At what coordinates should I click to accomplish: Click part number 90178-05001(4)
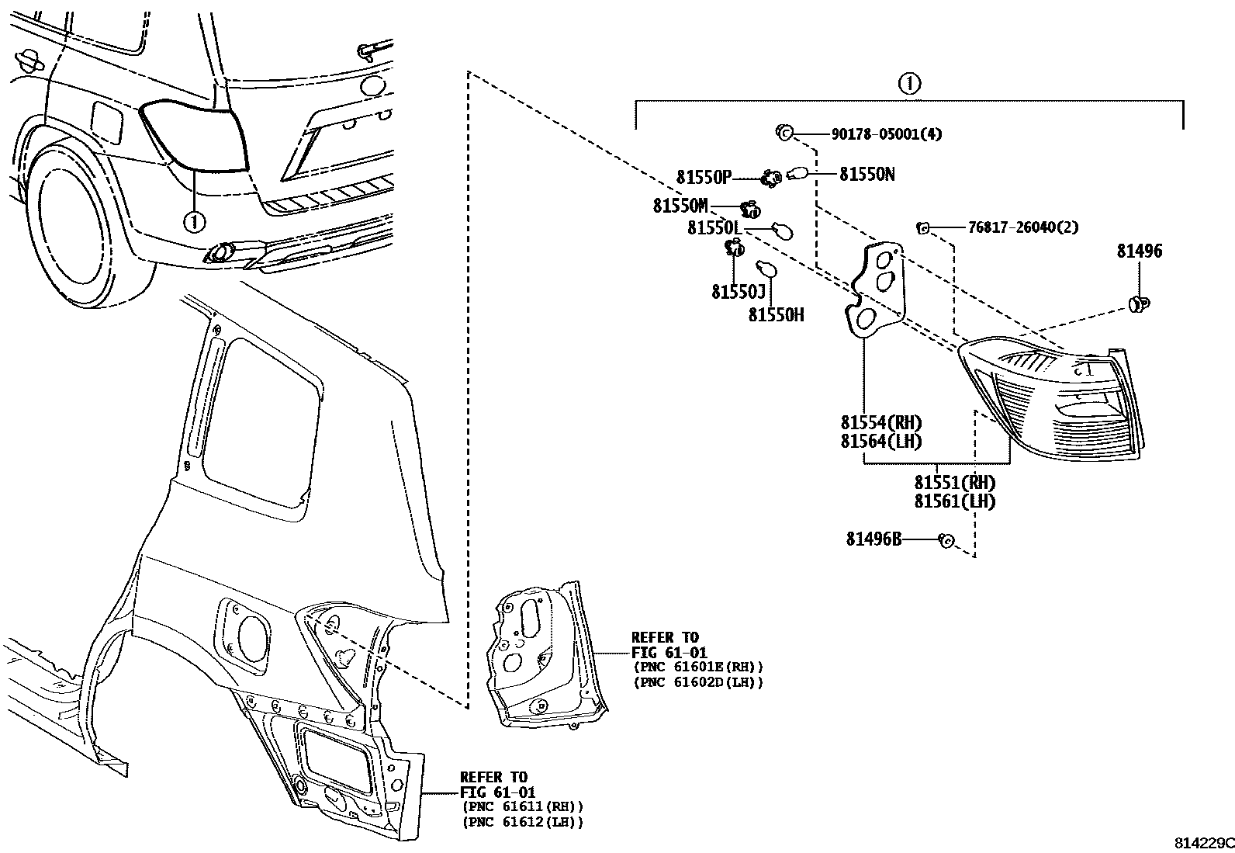point(886,133)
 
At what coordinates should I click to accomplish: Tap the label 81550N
point(867,174)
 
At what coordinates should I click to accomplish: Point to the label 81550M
point(680,206)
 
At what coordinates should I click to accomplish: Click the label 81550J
point(739,291)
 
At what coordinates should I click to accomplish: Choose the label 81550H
point(776,314)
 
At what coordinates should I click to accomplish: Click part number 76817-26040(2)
point(1022,227)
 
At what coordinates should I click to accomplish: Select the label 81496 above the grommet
point(1140,251)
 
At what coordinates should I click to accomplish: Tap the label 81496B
point(873,538)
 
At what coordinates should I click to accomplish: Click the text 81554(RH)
point(880,423)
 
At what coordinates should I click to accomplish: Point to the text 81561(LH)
point(953,501)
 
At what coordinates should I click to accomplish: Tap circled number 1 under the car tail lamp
point(194,222)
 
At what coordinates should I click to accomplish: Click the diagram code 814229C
point(1202,843)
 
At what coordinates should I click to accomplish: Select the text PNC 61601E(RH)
point(698,666)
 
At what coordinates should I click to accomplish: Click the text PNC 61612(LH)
point(522,822)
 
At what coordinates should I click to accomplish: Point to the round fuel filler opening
point(254,636)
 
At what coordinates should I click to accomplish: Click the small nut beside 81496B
point(946,540)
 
